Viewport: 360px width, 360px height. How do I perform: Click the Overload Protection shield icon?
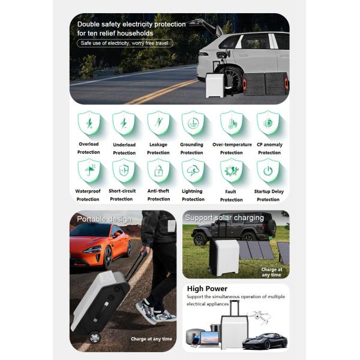tap(89, 123)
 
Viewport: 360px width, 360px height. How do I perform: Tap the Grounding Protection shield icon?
tap(193, 123)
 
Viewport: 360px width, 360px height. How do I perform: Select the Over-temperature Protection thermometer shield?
tap(232, 123)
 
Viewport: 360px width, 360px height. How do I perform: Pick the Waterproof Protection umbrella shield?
tap(89, 170)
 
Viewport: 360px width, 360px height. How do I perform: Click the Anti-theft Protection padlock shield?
tap(158, 170)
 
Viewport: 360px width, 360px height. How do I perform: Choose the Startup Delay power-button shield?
tap(268, 170)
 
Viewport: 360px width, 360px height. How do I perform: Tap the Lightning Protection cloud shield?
tap(193, 170)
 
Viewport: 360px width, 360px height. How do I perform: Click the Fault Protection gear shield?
tap(232, 170)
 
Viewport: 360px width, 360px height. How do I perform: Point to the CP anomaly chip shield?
tap(268, 123)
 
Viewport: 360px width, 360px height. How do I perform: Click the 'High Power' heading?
tap(207, 289)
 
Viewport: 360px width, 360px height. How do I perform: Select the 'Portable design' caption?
tap(104, 219)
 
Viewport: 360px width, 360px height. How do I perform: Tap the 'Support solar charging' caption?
tap(224, 218)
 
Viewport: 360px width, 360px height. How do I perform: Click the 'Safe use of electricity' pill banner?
tap(125, 43)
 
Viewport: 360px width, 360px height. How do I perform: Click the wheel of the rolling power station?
tap(94, 337)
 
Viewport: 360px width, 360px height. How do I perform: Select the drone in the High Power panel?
tap(261, 317)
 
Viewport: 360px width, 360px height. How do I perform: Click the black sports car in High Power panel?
tap(265, 341)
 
